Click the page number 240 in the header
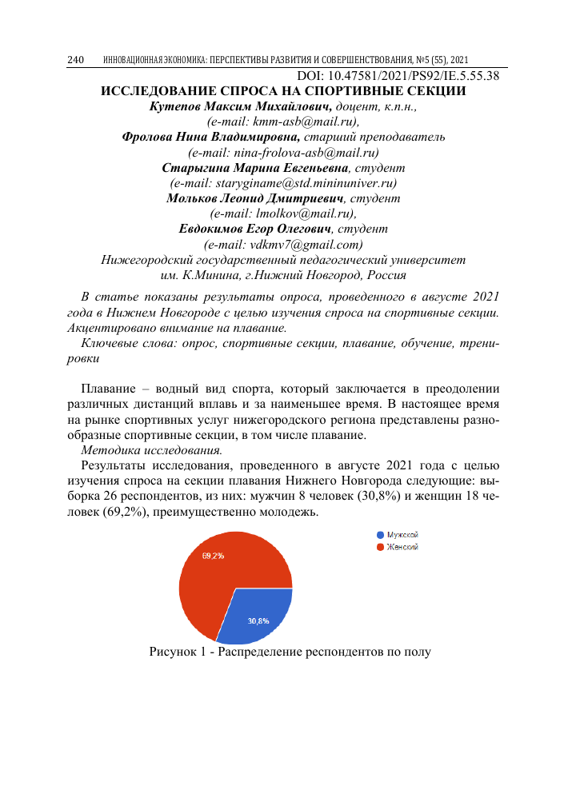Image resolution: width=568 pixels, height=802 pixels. coord(76,61)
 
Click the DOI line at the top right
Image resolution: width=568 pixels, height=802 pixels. coord(392,76)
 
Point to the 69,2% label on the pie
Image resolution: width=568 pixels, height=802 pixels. coord(213,556)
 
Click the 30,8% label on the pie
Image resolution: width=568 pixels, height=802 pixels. coord(258,620)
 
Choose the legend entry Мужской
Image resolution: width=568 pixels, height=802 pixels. coord(403,534)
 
